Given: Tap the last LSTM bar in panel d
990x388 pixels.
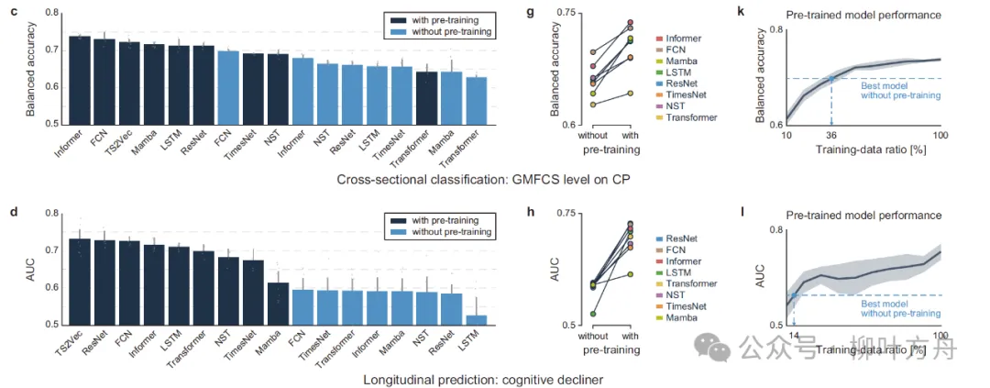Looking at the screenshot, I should (475, 319).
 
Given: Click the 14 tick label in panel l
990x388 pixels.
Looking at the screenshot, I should (793, 337).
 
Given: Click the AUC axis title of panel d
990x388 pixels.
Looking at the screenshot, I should (31, 268).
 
